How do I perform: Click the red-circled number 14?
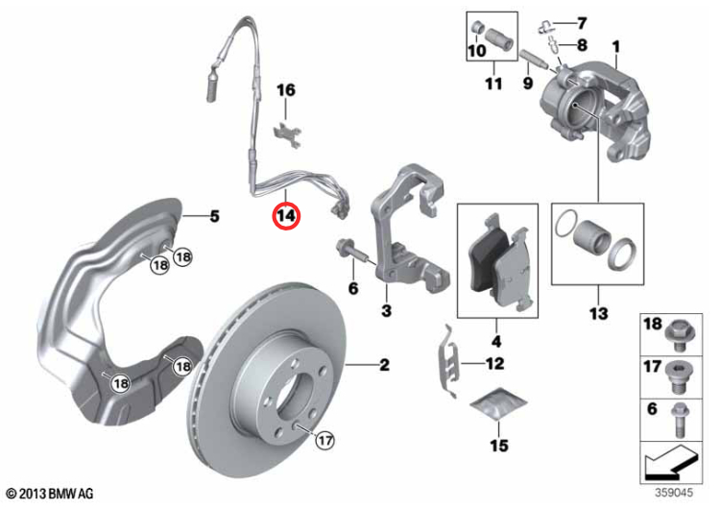(x=286, y=215)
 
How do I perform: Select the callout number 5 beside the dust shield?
(x=214, y=216)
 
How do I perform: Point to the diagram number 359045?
(x=673, y=493)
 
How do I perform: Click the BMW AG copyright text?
(x=50, y=494)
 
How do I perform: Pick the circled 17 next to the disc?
(x=324, y=441)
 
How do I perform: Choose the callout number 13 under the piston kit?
(x=599, y=314)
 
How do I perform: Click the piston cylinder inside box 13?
(x=592, y=237)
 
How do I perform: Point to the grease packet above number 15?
(x=498, y=403)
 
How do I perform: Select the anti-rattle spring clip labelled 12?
(x=446, y=360)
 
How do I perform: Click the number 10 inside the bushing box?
(x=476, y=51)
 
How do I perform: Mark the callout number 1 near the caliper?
(x=615, y=46)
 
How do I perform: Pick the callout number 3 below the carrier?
(x=386, y=311)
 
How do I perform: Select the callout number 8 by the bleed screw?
(x=582, y=44)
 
